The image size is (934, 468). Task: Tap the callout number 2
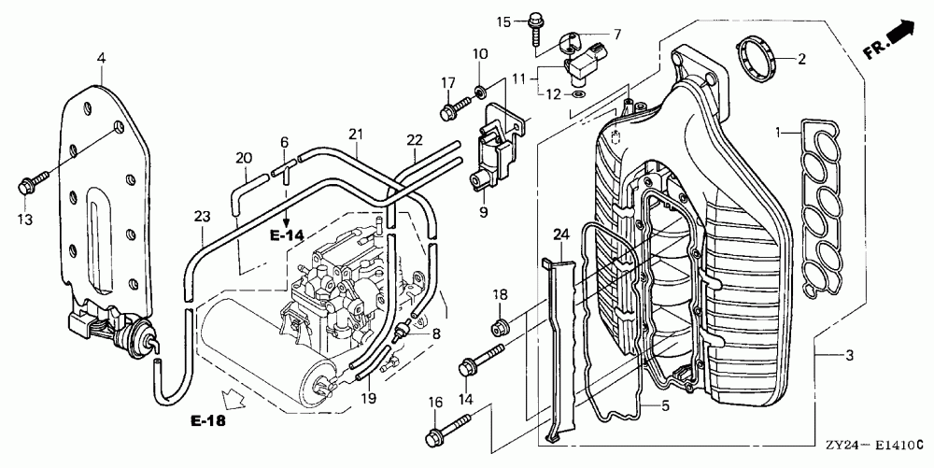click(x=801, y=58)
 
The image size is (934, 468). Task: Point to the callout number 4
click(x=101, y=58)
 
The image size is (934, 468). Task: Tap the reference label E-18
click(x=208, y=421)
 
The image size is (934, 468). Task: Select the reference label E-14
click(x=287, y=235)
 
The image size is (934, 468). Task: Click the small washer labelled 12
click(x=579, y=94)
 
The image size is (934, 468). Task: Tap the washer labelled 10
click(x=480, y=92)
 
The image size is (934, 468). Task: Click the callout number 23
click(x=203, y=216)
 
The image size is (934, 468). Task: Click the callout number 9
click(x=483, y=212)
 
